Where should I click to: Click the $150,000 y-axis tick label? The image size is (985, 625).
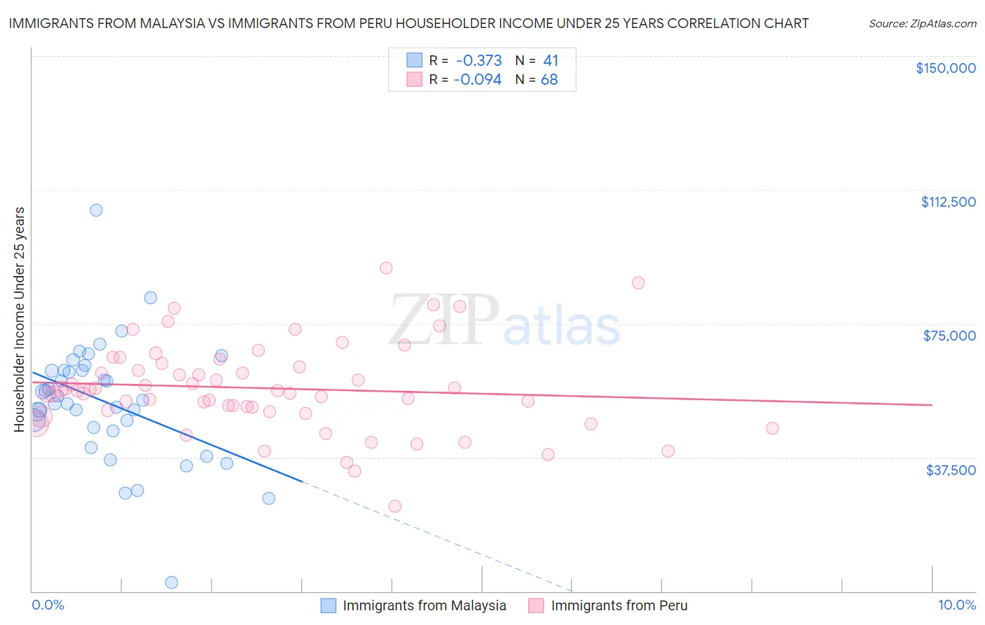tap(945, 68)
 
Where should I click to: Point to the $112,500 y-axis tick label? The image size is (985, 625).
tap(948, 202)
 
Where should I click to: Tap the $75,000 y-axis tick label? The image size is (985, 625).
tap(949, 336)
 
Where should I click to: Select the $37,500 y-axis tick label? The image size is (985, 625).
tap(950, 469)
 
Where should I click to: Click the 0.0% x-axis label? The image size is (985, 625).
tap(48, 605)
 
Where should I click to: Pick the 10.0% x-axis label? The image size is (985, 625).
tap(956, 605)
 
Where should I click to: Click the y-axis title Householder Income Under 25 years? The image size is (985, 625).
tap(20, 319)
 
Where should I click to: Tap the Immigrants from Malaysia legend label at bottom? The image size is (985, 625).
tap(424, 605)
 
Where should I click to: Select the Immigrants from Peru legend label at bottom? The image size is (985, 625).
tap(619, 605)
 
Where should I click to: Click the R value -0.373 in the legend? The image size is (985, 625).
tap(478, 61)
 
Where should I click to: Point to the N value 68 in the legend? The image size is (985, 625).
tap(549, 80)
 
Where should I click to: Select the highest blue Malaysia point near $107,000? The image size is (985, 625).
tap(97, 210)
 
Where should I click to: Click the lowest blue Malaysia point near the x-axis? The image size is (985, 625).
tap(171, 582)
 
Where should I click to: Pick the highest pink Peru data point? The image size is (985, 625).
tap(386, 268)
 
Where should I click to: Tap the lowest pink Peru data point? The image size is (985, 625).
tap(395, 506)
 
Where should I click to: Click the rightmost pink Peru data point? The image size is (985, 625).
tap(772, 428)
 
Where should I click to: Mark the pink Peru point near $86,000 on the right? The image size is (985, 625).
tap(638, 283)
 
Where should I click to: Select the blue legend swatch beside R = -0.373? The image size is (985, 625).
tap(415, 61)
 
